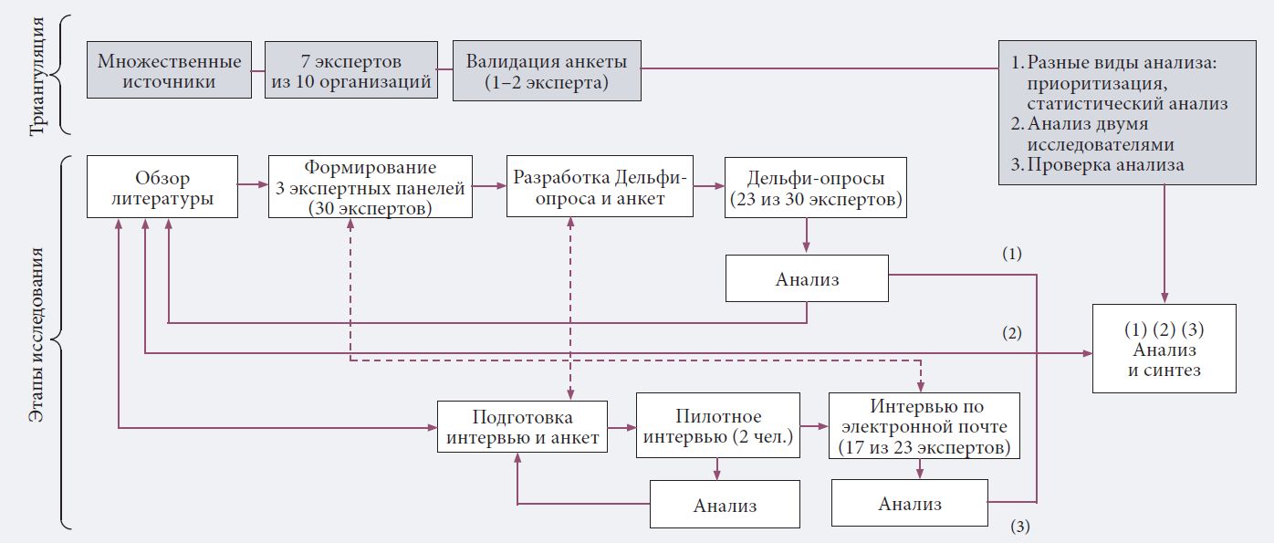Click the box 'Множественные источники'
(x=170, y=71)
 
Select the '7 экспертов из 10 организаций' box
(x=351, y=71)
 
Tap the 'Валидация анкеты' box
(x=546, y=71)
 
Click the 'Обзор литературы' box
(x=162, y=187)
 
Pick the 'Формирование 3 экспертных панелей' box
(x=371, y=187)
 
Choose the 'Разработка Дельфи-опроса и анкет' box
(x=600, y=187)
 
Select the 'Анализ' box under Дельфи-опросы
(x=807, y=278)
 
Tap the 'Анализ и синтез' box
(x=1164, y=350)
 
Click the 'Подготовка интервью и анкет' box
(x=523, y=427)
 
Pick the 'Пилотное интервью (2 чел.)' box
(x=718, y=427)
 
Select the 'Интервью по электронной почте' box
(x=924, y=425)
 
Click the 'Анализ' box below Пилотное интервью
(x=725, y=506)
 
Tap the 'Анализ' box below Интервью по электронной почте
(x=910, y=504)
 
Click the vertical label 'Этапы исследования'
(x=37, y=338)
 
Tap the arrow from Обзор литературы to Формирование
(x=253, y=185)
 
